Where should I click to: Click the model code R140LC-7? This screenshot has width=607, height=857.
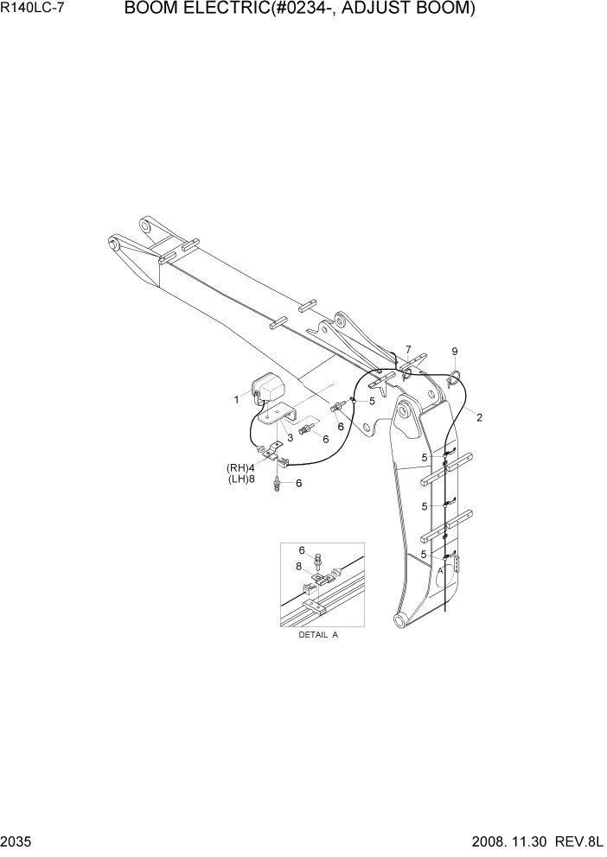35,10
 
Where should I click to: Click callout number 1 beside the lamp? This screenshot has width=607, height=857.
235,399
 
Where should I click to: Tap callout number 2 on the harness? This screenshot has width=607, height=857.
479,417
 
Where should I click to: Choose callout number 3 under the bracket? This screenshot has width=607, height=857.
290,437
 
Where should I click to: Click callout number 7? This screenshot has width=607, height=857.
408,349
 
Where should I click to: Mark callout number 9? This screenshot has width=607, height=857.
455,352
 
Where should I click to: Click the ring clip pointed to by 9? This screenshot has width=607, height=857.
456,374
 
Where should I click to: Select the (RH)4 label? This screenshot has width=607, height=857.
240,468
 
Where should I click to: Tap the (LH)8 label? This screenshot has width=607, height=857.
240,479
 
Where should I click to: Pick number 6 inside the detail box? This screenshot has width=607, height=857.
302,550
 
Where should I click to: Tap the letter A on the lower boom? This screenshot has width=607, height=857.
439,571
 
